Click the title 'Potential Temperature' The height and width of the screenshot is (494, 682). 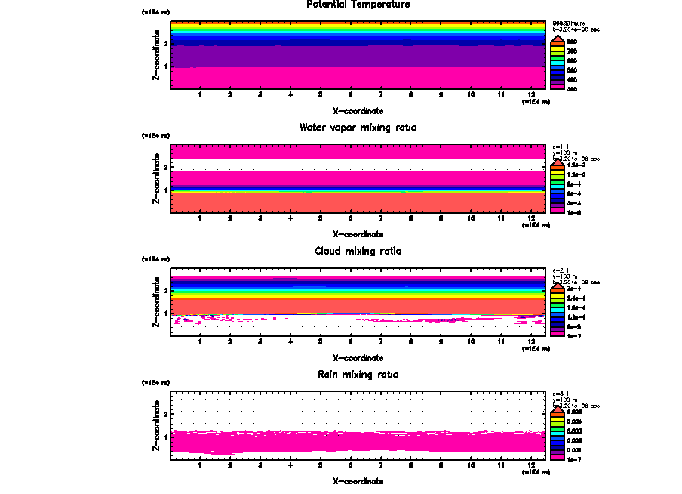[358, 5]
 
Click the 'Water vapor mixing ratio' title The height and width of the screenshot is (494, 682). [358, 128]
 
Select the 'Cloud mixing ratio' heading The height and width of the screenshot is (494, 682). [358, 251]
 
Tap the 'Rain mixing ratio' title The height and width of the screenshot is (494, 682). [358, 375]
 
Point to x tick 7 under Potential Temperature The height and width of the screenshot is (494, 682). [380, 94]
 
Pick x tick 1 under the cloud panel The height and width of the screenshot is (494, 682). [199, 341]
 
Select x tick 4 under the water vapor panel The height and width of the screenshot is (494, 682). [290, 218]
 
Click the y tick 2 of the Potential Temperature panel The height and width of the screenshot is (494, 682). [164, 43]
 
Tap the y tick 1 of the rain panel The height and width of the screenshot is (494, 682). [164, 437]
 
